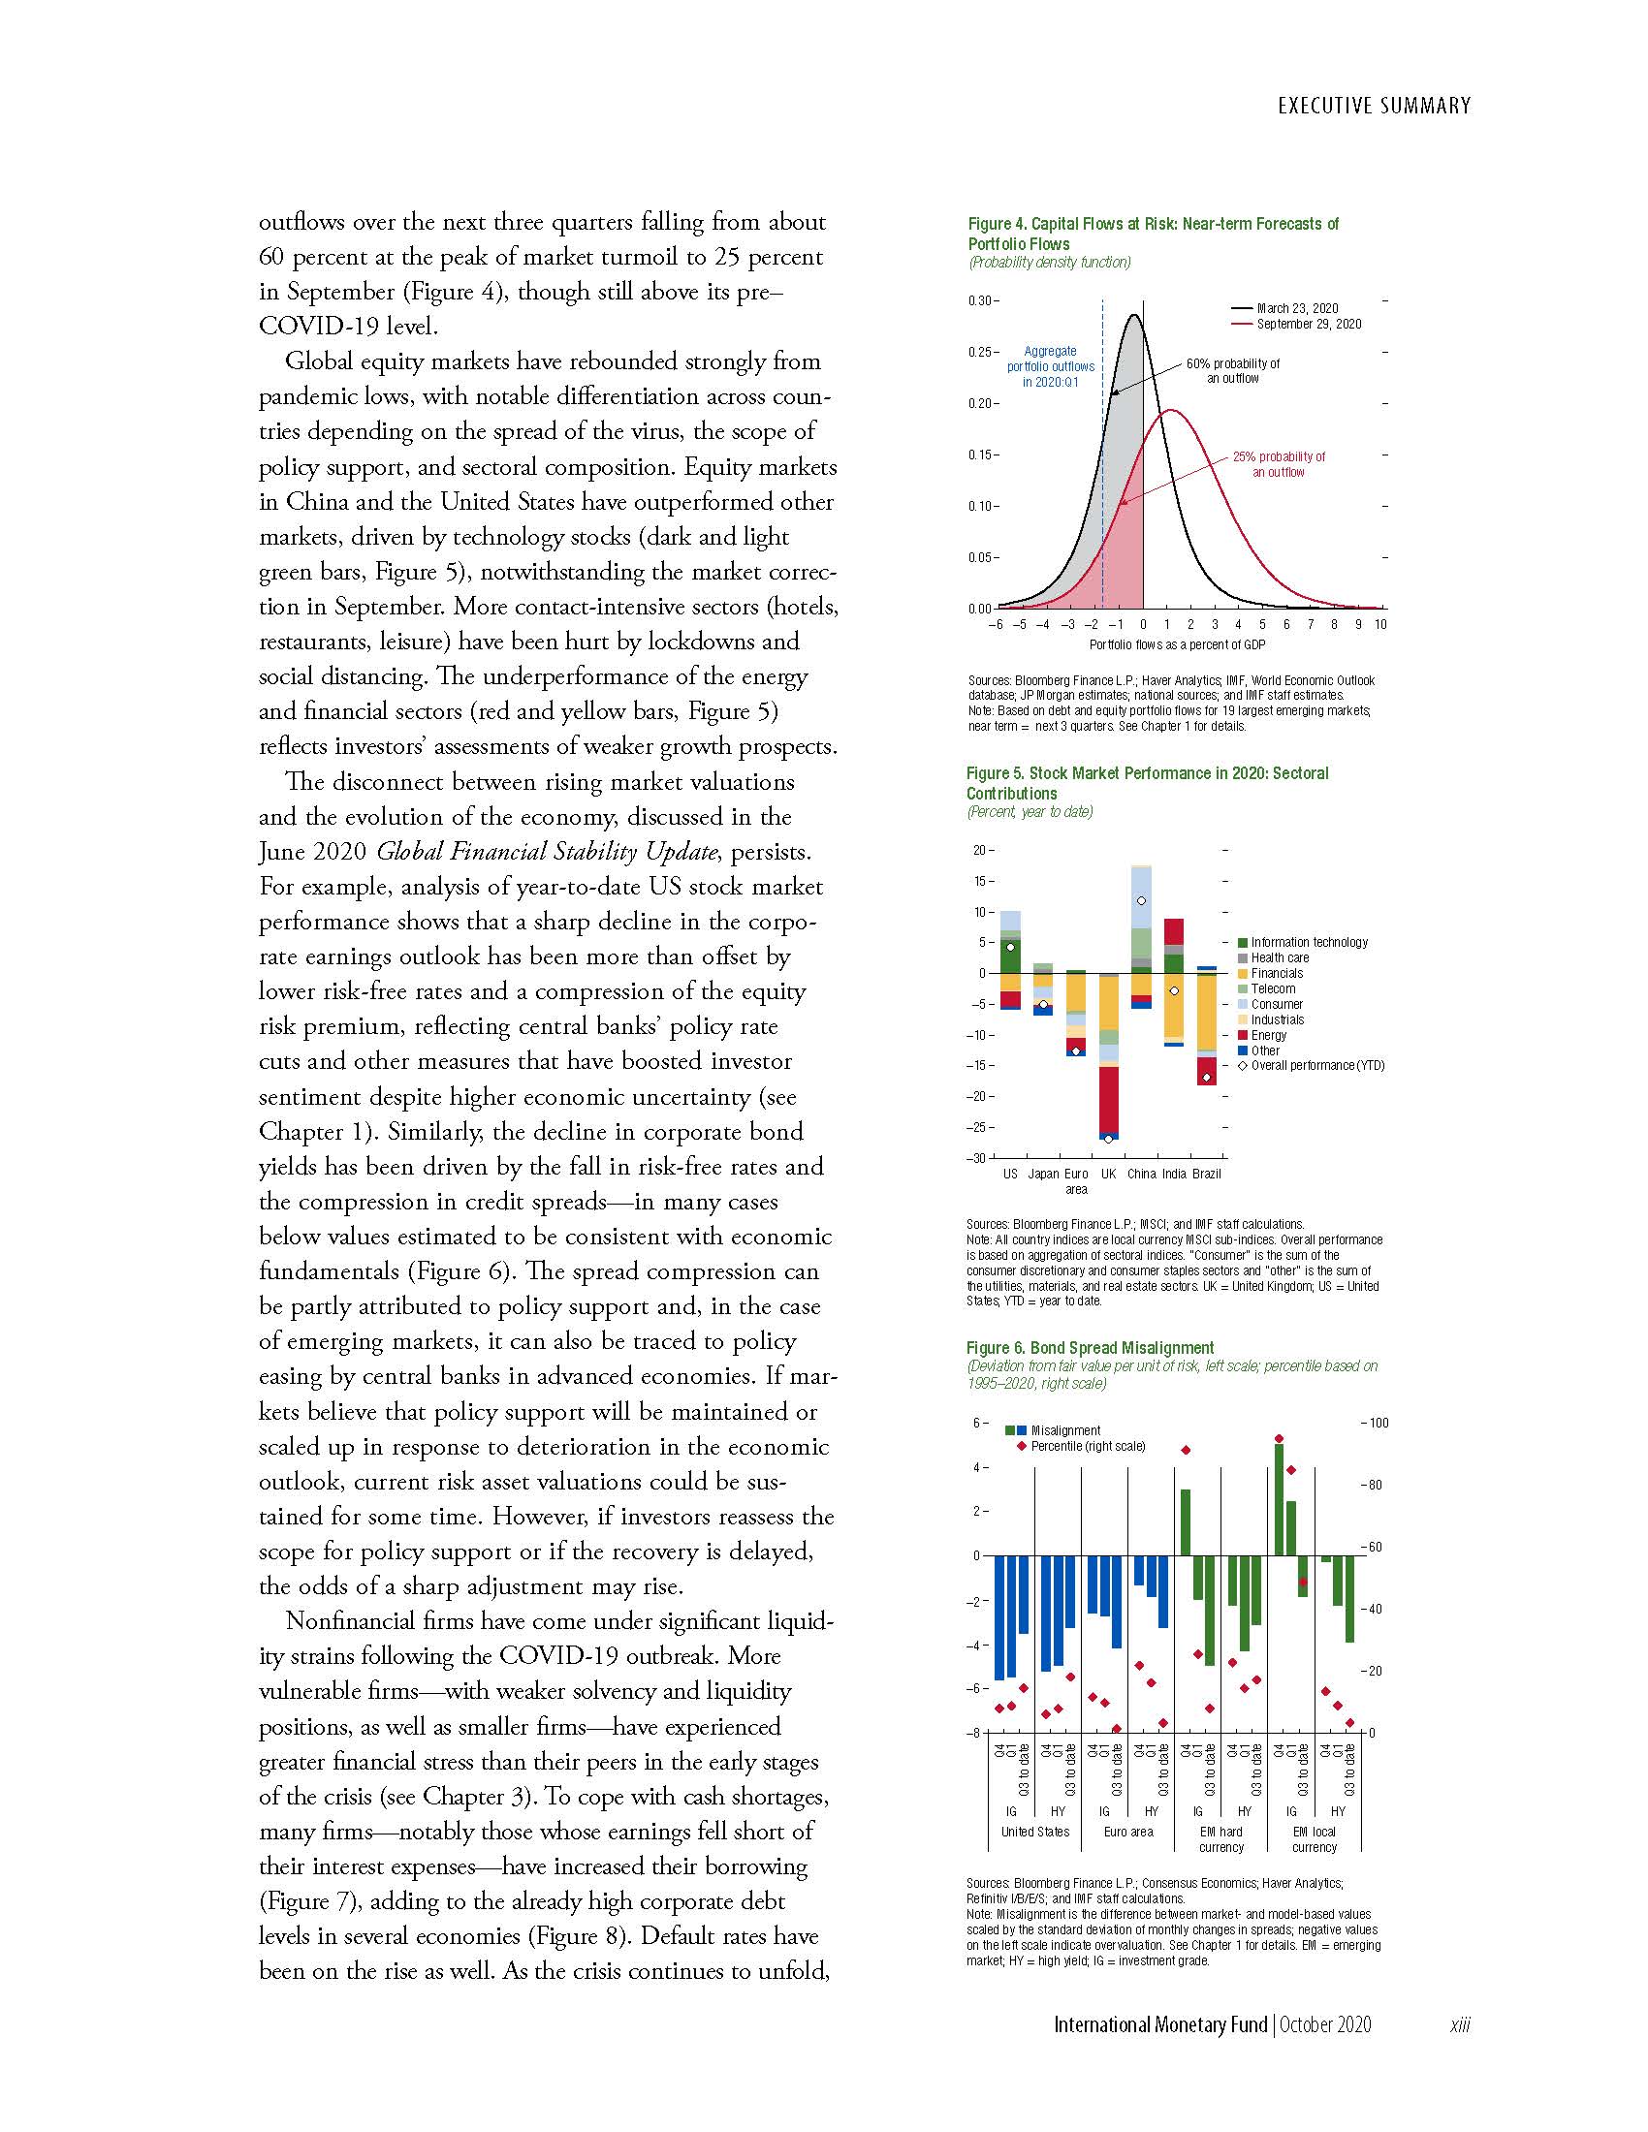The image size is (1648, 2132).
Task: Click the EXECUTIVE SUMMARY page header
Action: coord(1374,106)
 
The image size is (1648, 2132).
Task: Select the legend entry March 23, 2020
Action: coord(1297,308)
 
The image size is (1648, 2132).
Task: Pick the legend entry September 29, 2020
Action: coord(1309,324)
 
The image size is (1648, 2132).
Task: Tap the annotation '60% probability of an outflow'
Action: coord(1232,371)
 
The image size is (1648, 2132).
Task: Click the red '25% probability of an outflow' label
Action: coord(1278,464)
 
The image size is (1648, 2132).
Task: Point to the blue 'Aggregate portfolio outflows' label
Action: coord(1051,366)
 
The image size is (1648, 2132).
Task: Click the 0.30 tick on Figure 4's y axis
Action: coord(980,300)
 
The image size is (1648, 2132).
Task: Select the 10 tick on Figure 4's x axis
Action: coord(1380,625)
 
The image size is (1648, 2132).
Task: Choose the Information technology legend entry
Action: coord(1309,942)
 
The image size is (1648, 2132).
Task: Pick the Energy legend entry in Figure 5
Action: coord(1268,1035)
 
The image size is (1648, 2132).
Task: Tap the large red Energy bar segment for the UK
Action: coord(1108,1099)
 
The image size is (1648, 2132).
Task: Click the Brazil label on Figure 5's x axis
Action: coord(1207,1174)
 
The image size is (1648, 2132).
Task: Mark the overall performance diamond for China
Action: coord(1141,900)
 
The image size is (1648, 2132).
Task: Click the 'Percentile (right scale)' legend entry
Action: coord(1087,1446)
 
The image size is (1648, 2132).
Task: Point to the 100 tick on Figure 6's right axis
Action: coord(1378,1423)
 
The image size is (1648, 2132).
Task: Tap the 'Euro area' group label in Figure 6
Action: coord(1127,1832)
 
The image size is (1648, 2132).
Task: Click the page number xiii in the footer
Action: coord(1460,2025)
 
